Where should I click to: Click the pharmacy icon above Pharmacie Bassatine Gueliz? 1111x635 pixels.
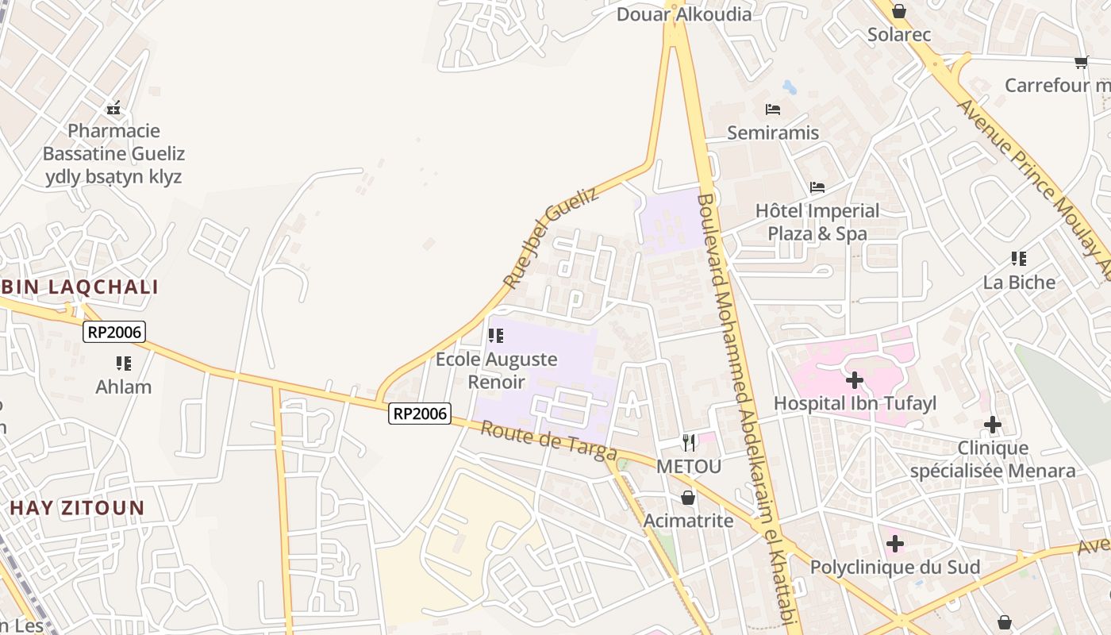tap(113, 108)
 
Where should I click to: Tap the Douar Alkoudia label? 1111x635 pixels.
tap(684, 14)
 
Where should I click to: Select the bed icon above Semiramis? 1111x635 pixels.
tap(773, 110)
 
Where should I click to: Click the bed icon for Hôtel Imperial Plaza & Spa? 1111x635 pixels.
tap(817, 187)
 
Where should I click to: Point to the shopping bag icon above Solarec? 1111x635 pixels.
tap(899, 11)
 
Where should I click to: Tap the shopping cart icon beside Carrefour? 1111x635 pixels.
tap(1081, 62)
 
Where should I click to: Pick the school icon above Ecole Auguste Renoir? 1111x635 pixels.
tap(496, 336)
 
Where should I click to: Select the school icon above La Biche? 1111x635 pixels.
tap(1019, 259)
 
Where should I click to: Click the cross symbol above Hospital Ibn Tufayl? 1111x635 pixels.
tap(855, 380)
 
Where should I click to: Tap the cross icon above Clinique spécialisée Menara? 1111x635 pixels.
tap(993, 425)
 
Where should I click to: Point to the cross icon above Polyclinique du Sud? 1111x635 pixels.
tap(895, 544)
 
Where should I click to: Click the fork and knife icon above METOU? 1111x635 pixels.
tap(689, 443)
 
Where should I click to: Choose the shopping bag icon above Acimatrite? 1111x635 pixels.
tap(688, 498)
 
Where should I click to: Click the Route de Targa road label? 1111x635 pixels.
tap(549, 441)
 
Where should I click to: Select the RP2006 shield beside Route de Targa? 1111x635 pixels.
tap(420, 413)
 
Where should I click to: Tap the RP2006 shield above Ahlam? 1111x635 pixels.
tap(115, 331)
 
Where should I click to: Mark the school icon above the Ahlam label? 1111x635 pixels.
tap(124, 364)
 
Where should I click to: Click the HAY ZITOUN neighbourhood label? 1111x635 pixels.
tap(78, 508)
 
